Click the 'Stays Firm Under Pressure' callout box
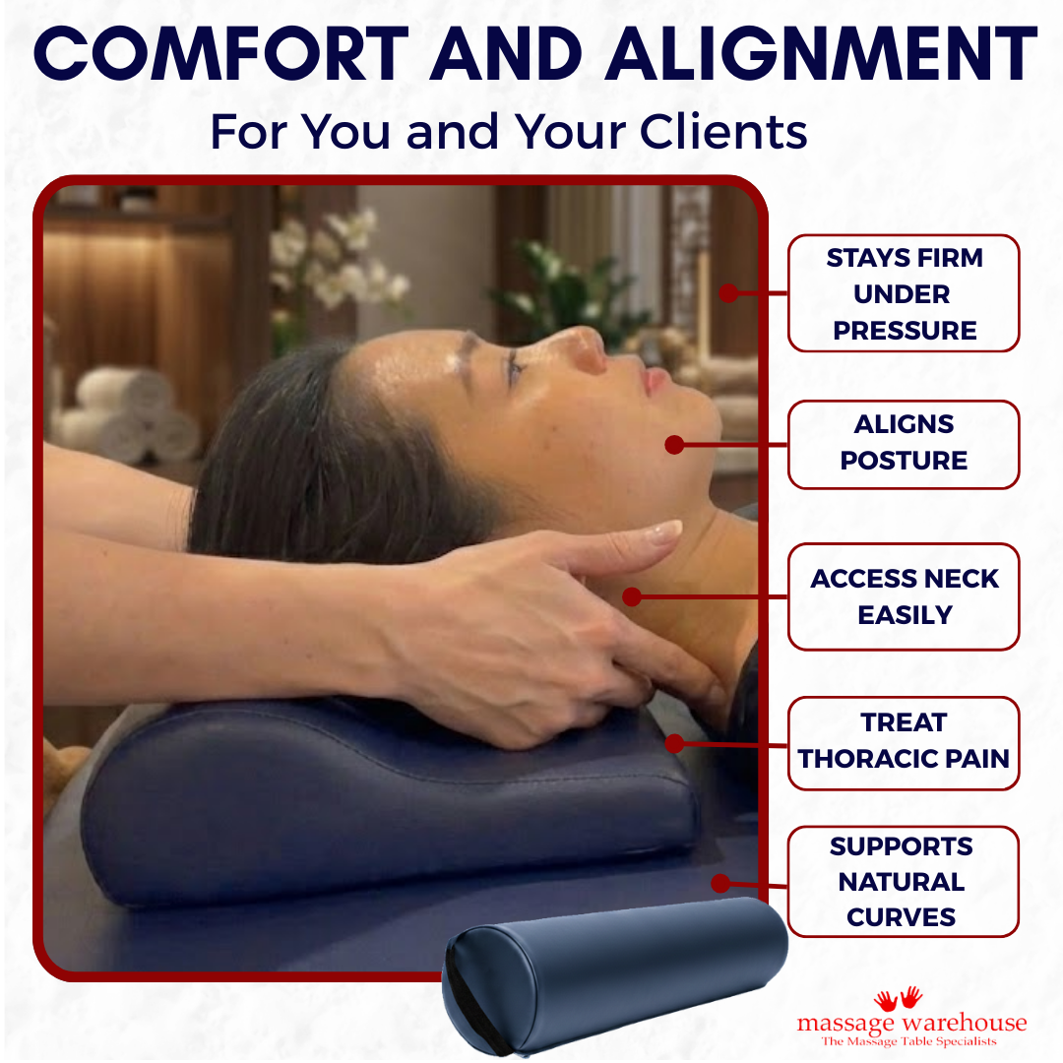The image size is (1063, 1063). pyautogui.click(x=903, y=293)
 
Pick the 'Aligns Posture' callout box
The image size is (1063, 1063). pyautogui.click(x=903, y=443)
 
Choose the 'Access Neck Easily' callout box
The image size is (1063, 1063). pyautogui.click(x=903, y=596)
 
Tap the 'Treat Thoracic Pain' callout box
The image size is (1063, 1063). pyautogui.click(x=903, y=741)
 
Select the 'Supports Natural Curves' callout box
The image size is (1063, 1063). pyautogui.click(x=903, y=881)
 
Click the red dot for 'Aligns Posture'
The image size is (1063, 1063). pyautogui.click(x=674, y=445)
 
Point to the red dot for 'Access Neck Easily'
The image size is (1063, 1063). pyautogui.click(x=632, y=596)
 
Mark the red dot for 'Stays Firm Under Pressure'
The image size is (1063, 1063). pyautogui.click(x=728, y=292)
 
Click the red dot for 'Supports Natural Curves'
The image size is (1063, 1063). pyautogui.click(x=720, y=883)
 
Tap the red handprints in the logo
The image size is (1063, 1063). pyautogui.click(x=898, y=999)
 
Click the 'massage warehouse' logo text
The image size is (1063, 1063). pyautogui.click(x=910, y=1023)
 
